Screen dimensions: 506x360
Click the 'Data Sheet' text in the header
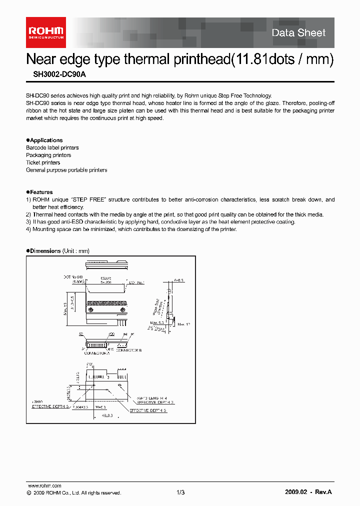pos(298,33)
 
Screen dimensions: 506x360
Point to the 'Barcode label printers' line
pos(52,148)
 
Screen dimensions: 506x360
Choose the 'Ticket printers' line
pos(43,162)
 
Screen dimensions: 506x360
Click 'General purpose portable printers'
pos(66,170)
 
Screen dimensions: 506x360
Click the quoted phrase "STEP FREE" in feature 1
pos(92,199)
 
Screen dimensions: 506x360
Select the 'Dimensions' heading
pos(45,251)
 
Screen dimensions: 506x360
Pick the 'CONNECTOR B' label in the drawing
pos(128,350)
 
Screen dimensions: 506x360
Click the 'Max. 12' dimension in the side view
pos(184,324)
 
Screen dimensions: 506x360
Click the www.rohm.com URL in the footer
pos(43,485)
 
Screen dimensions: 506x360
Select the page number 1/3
pos(180,492)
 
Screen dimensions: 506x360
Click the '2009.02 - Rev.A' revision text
pos(308,492)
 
